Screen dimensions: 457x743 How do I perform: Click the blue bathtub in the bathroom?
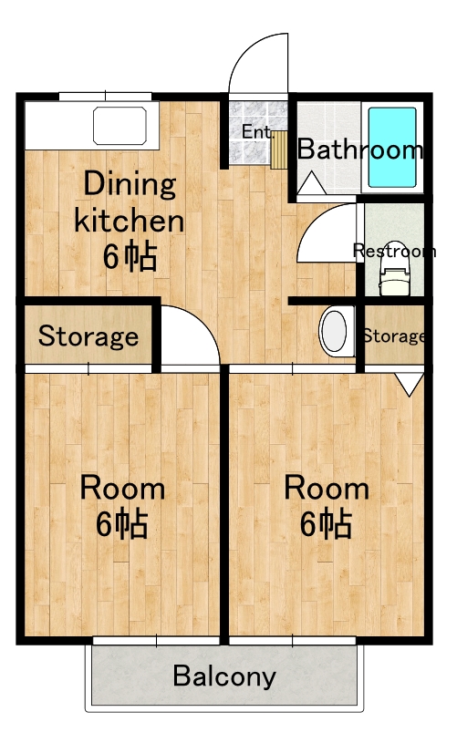point(392,148)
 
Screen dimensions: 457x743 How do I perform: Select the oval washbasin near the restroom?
point(337,331)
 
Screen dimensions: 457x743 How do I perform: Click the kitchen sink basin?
point(119,126)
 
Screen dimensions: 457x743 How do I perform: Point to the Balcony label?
point(224,676)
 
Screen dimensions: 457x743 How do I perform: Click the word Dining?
point(130,184)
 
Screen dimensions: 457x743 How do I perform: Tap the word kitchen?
point(129,221)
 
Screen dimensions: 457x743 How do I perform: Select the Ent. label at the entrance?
point(257,131)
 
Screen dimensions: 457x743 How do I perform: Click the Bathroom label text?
point(359,150)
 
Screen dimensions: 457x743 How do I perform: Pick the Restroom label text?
point(394,251)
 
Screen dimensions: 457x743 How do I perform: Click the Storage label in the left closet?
point(88,336)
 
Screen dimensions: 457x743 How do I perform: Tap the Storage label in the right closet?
point(393,336)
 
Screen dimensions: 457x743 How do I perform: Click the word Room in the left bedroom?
point(122,488)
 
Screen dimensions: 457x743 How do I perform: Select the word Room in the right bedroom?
point(327,488)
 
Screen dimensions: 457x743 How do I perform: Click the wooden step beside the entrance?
point(280,150)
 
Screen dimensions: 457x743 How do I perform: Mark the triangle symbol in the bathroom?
point(311,182)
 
